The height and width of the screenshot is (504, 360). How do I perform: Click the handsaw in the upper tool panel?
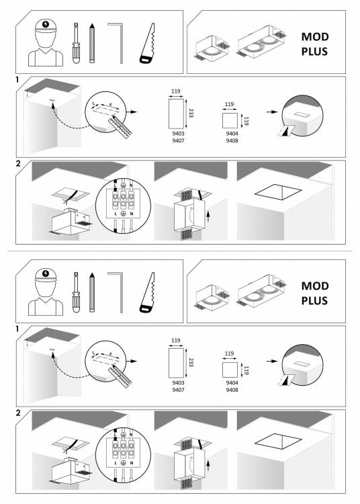point(148,44)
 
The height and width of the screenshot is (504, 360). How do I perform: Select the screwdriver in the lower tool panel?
point(76,292)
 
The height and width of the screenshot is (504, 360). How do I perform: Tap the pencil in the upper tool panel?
point(92,43)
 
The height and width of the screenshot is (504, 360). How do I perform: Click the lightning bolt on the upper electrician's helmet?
point(46,24)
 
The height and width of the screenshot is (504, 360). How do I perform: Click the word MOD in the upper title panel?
point(315,37)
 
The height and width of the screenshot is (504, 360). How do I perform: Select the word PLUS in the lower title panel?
point(314,300)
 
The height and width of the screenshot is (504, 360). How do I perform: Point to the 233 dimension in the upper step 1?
point(191,113)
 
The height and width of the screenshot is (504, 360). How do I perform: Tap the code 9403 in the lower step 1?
point(178,383)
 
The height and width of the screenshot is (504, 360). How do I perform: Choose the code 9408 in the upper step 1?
point(232,140)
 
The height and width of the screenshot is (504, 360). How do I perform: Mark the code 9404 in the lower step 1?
point(232,383)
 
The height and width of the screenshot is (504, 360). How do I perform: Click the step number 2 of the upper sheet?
point(18,163)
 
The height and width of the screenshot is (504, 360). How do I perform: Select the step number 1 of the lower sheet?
point(17,329)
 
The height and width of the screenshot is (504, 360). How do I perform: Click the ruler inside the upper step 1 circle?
point(120,128)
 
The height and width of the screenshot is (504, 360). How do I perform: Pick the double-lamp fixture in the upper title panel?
point(261,42)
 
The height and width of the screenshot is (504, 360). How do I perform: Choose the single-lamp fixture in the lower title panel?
point(212,296)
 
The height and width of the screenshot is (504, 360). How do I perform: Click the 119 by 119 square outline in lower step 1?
point(230,370)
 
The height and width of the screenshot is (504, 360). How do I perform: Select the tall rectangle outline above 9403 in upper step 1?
point(177,114)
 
